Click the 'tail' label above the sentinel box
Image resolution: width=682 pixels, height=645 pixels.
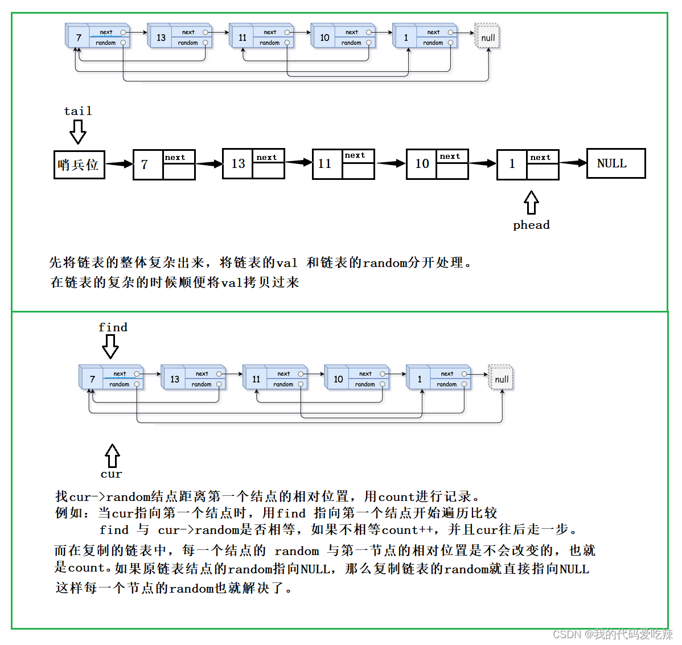coord(78,111)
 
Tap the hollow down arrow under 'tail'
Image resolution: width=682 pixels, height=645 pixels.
coord(78,132)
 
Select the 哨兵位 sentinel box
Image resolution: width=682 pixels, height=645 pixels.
coord(79,165)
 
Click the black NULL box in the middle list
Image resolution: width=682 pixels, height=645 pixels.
coord(616,163)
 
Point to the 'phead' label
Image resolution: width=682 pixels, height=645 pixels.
coord(531,225)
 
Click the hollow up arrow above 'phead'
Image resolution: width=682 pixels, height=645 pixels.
coord(531,202)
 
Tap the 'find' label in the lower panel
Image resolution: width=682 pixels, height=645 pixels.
coord(113,327)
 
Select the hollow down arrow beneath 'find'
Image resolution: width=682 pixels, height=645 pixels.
coord(110,346)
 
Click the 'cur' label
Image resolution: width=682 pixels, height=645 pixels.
coord(112,474)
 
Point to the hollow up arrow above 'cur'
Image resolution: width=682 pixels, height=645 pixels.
coord(113,455)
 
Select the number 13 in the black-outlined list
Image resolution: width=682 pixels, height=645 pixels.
coord(238,164)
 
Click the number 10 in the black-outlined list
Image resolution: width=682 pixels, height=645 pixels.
coord(422,164)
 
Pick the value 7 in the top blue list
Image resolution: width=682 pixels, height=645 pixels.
coord(79,38)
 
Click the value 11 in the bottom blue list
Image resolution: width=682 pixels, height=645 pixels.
coord(256,379)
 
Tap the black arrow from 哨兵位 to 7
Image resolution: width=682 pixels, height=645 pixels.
coord(119,164)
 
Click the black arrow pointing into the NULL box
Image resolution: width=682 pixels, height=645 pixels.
coord(573,163)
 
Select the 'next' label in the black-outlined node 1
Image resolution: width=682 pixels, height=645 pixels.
coord(540,158)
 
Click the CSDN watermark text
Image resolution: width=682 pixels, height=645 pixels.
coord(613,634)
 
